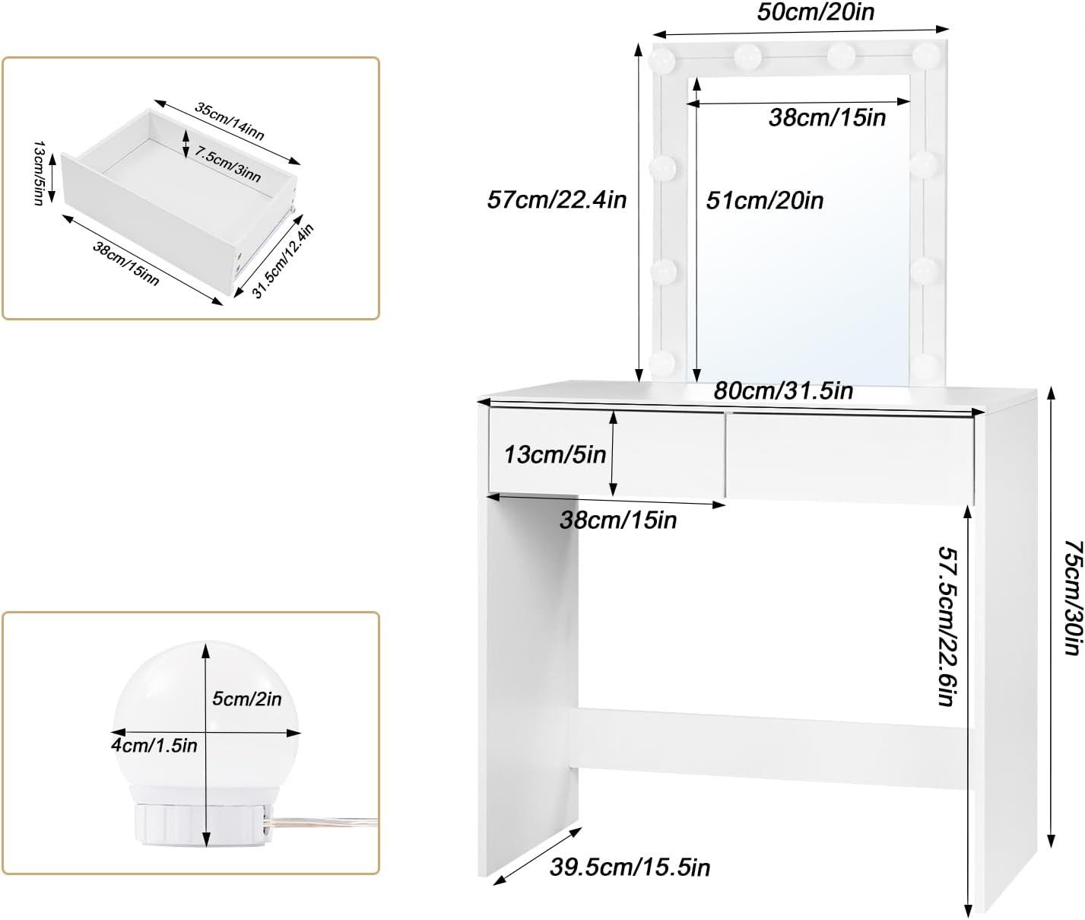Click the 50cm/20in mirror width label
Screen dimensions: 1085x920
816,12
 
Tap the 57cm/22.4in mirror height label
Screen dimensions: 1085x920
557,200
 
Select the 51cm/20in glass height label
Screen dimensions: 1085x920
765,200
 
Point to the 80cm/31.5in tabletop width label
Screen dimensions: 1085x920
783,391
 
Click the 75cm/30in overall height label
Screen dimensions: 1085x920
1073,597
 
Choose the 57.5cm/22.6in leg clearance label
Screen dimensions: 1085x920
949,626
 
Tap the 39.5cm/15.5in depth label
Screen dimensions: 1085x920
630,867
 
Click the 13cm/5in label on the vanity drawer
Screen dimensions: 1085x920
555,454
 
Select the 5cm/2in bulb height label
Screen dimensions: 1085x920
246,699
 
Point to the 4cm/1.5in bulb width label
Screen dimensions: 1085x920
154,745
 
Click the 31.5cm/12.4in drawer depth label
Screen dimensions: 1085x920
283,261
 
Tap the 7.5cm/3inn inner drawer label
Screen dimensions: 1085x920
228,164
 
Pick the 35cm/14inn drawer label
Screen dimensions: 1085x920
230,121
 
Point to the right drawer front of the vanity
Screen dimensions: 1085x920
851,457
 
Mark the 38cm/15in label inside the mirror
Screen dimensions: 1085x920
827,118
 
